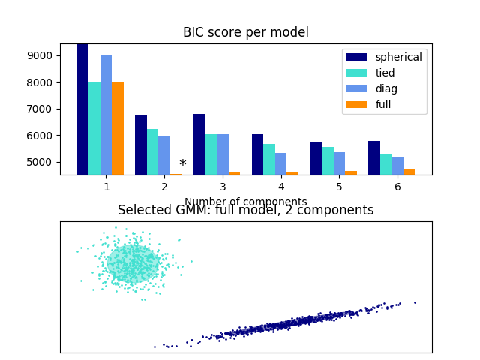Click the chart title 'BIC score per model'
pyautogui.click(x=245, y=32)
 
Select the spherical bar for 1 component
pyautogui.click(x=82, y=109)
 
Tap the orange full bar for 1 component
pyautogui.click(x=118, y=128)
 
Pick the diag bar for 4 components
pyautogui.click(x=280, y=163)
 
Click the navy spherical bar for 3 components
pyautogui.click(x=199, y=144)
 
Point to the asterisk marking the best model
pyautogui.click(x=182, y=164)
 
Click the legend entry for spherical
pyautogui.click(x=398, y=57)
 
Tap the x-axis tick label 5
pyautogui.click(x=339, y=187)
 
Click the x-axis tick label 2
pyautogui.click(x=164, y=187)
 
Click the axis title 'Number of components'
pyautogui.click(x=245, y=202)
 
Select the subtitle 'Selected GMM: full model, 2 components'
pyautogui.click(x=245, y=211)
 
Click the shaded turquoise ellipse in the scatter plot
pyautogui.click(x=133, y=263)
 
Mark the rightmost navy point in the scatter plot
pyautogui.click(x=415, y=302)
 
